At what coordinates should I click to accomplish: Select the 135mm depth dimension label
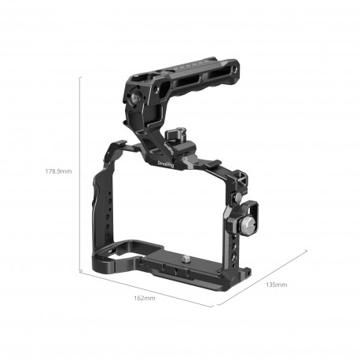pos(276,284)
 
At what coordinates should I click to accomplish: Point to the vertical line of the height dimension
pos(81,173)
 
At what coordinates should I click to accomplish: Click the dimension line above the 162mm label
pos(145,288)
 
